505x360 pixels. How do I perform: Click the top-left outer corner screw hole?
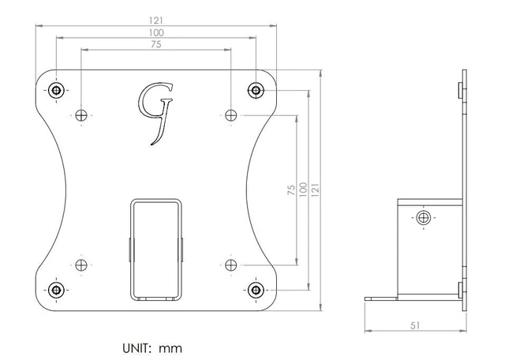[x=56, y=90]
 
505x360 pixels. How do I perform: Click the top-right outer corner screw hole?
[x=256, y=90]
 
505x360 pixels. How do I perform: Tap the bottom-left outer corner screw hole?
[x=56, y=290]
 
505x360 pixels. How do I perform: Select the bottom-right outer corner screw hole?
[x=256, y=290]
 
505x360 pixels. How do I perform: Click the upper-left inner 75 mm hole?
[x=81, y=115]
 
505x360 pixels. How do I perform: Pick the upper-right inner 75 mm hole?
[x=231, y=115]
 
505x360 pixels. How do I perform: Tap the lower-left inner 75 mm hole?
[x=81, y=265]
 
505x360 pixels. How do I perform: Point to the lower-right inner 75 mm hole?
[x=231, y=265]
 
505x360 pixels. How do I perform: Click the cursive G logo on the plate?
[x=156, y=114]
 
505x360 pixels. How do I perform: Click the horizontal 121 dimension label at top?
[x=156, y=21]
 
